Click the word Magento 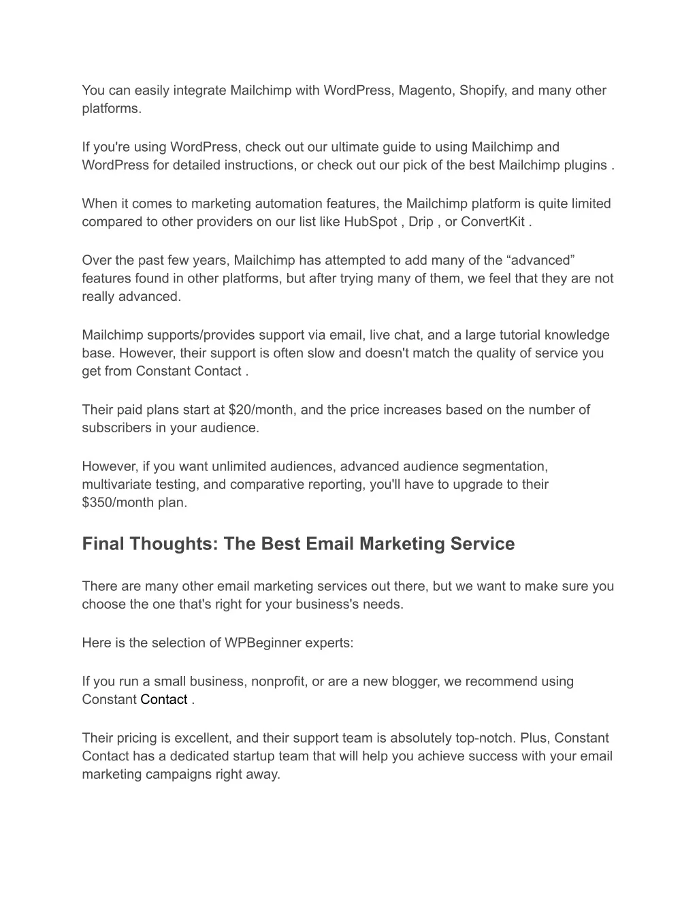[426, 91]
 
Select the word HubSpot [370, 222]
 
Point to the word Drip [421, 222]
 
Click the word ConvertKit [492, 222]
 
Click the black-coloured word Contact [164, 700]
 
